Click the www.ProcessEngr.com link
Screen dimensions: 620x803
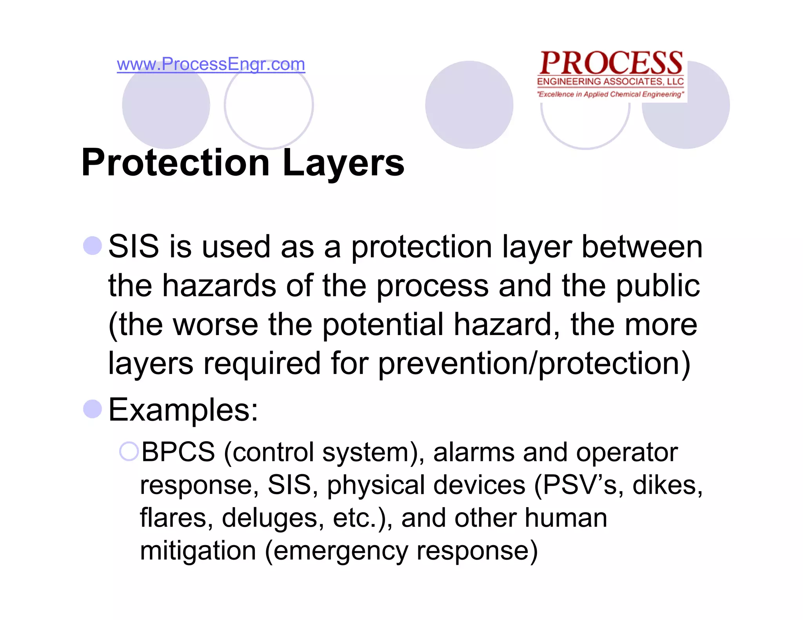[211, 64]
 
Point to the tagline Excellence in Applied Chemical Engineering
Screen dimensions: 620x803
[610, 94]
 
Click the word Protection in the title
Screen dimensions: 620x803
[175, 163]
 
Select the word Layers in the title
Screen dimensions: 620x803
[343, 163]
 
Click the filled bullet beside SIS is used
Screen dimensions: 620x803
[93, 246]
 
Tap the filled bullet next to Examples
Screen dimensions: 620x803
[93, 409]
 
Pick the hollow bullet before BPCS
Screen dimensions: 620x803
[129, 451]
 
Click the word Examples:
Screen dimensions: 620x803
[183, 410]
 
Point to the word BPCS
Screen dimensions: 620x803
[178, 452]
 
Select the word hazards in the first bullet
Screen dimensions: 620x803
[219, 286]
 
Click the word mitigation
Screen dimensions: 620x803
[198, 551]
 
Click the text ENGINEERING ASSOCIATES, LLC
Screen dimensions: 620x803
[610, 82]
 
